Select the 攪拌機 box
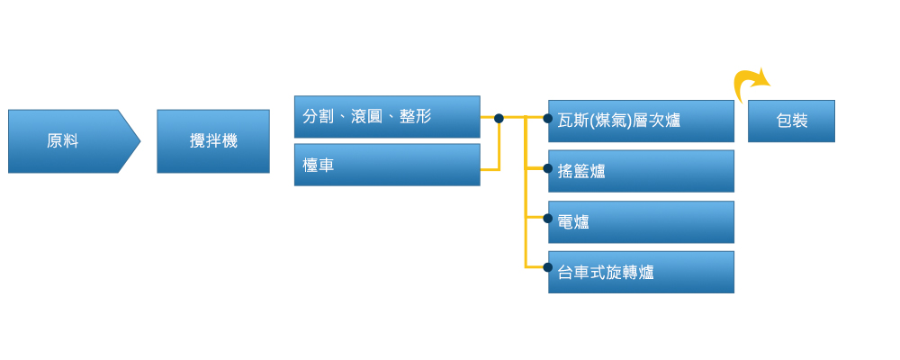click(213, 141)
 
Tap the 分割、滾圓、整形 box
click(387, 117)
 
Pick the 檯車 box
click(387, 165)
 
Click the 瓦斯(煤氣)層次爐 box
click(642, 121)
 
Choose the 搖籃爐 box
click(642, 171)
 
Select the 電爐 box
click(642, 221)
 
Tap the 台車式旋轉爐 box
click(642, 272)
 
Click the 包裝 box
click(791, 121)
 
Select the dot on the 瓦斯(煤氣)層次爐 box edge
click(548, 117)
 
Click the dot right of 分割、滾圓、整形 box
click(499, 117)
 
